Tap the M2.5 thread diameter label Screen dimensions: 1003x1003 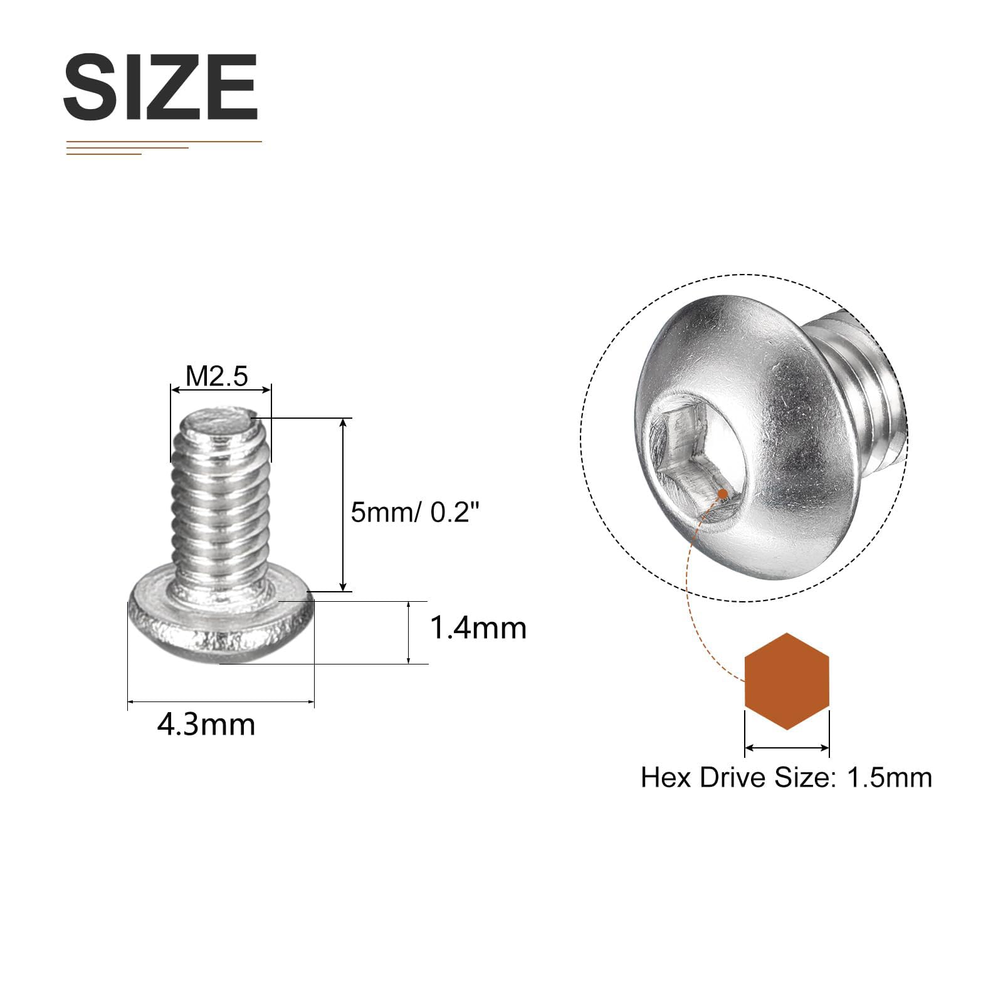(x=217, y=376)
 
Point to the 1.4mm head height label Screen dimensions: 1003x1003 (x=478, y=628)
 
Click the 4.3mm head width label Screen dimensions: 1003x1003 (x=206, y=725)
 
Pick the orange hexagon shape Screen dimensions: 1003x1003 (x=787, y=681)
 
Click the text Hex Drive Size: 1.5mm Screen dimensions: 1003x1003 (x=787, y=777)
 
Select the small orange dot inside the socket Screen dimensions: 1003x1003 (x=723, y=494)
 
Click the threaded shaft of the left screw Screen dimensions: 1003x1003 (x=221, y=501)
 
